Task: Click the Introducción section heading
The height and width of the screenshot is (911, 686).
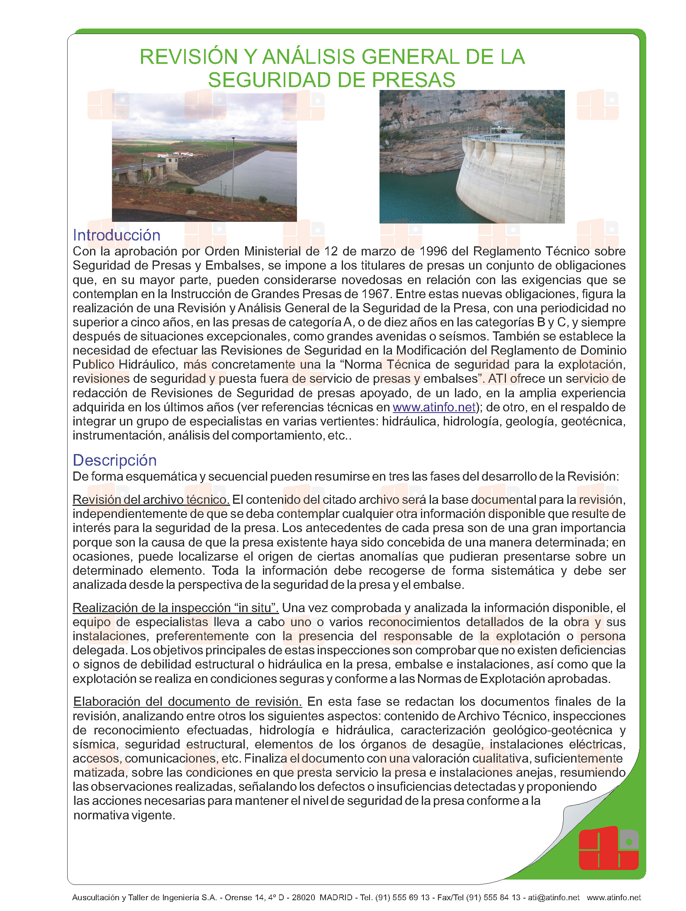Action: tap(117, 235)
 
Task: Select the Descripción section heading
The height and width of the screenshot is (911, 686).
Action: tap(114, 460)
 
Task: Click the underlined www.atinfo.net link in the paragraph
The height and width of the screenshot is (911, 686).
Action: tap(434, 407)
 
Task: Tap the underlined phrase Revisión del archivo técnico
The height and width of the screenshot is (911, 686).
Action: tap(151, 500)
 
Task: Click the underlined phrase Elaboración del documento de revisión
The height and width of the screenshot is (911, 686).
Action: tap(187, 702)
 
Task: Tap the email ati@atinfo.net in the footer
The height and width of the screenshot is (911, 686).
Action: tap(553, 897)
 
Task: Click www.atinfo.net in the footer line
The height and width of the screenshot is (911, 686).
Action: tap(613, 897)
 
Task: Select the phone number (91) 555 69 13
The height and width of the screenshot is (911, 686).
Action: tap(402, 897)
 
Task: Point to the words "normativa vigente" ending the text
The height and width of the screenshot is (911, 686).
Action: tap(124, 815)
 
